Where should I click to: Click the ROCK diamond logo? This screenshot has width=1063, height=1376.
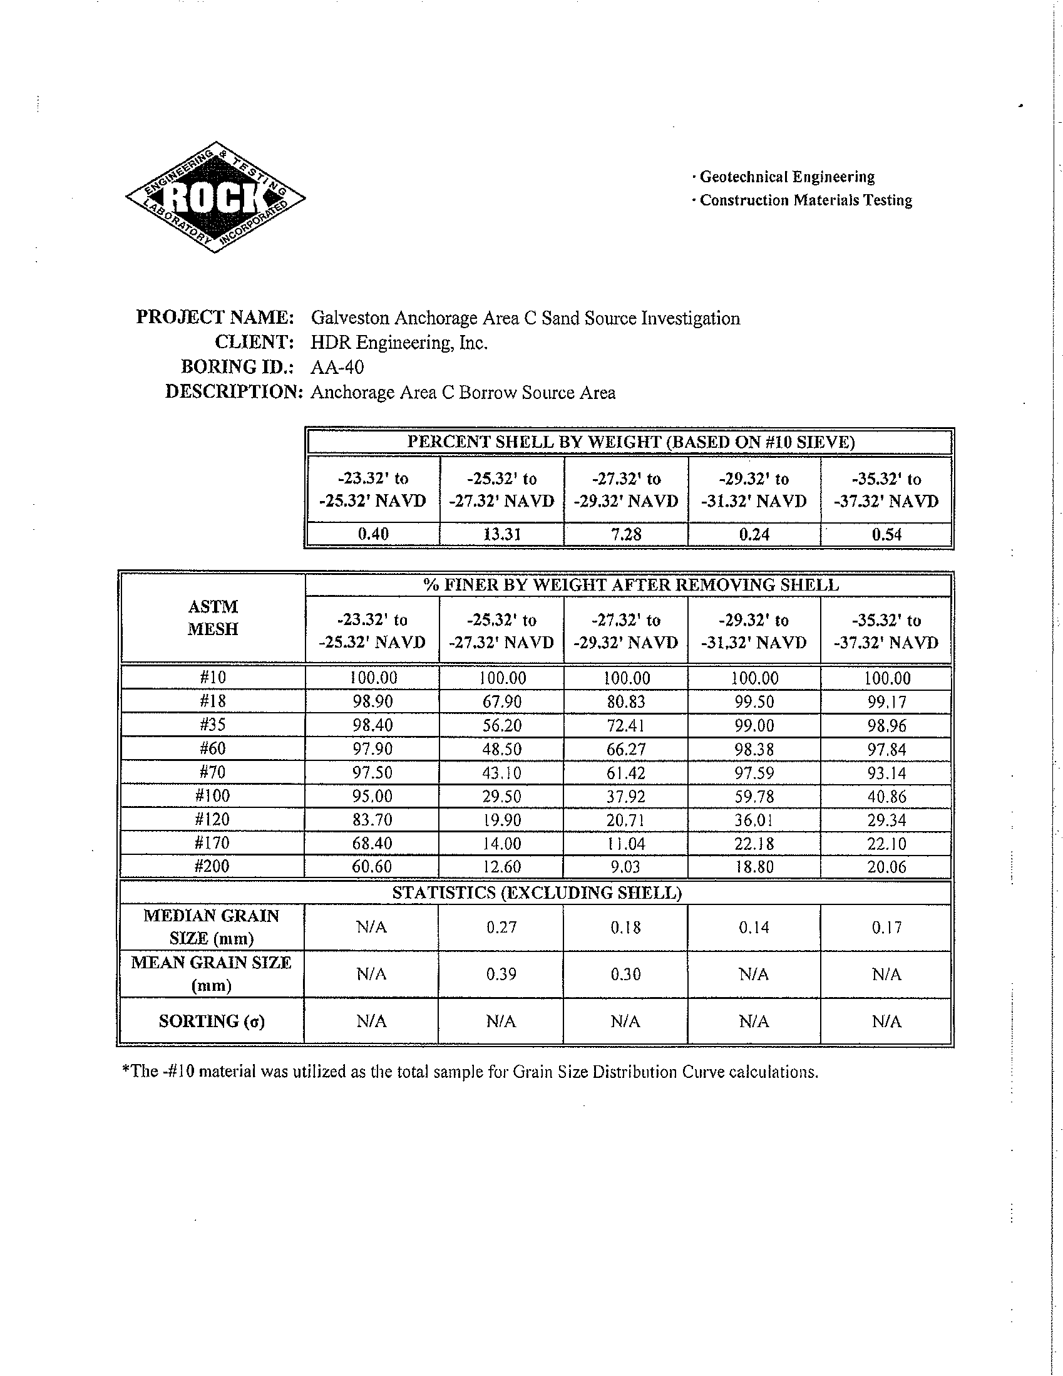pos(215,197)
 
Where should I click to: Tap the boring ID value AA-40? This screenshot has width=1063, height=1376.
pos(337,366)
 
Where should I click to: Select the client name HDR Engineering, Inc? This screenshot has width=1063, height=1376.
pos(399,342)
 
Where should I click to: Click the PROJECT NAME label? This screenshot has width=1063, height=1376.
pos(215,317)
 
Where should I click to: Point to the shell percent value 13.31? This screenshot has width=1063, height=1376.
pos(501,534)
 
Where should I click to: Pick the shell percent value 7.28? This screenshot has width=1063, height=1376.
pos(625,534)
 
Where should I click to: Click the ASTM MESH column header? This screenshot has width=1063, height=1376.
pos(213,618)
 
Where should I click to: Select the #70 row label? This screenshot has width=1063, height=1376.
pos(213,772)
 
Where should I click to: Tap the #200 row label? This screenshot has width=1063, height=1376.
pos(213,866)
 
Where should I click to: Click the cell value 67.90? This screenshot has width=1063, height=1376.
pos(501,701)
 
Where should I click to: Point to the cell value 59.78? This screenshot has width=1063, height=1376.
pos(754,796)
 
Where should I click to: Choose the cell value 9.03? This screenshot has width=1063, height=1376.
pos(625,866)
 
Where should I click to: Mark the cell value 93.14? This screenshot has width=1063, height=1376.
pos(886,772)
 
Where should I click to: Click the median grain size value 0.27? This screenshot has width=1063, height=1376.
pos(501,927)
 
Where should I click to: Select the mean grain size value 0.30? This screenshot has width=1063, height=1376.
pos(625,974)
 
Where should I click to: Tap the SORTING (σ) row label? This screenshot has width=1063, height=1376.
pos(212,1021)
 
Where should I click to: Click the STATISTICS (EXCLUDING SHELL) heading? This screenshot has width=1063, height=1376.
pos(537,892)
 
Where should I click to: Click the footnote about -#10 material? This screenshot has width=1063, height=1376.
pos(470,1072)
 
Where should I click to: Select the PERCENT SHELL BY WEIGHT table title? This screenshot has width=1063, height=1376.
pos(630,442)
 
